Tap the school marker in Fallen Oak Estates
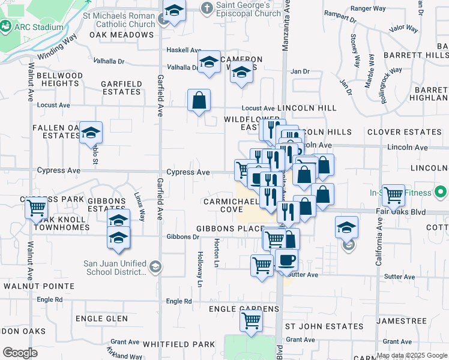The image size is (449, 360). tap(91, 133)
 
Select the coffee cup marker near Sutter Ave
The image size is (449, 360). tap(286, 260)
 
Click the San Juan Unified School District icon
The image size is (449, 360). tap(155, 266)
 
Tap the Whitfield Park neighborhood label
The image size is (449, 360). tap(179, 344)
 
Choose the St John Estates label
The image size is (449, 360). tap(324, 326)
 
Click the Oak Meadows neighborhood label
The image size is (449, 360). tap(122, 35)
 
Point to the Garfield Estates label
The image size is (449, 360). tap(121, 88)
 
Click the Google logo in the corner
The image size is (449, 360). tap(20, 353)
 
